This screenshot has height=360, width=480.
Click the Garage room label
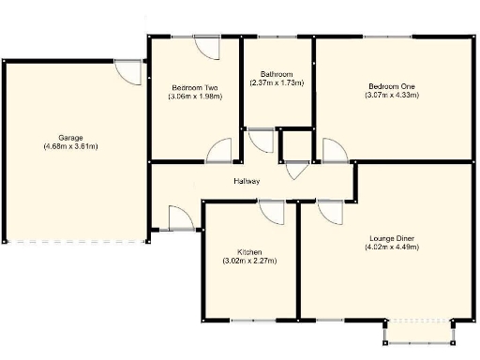(x=70, y=135)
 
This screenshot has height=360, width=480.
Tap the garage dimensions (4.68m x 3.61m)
(x=70, y=146)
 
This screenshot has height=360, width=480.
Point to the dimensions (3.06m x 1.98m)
(x=194, y=97)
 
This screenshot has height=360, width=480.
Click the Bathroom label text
(x=277, y=74)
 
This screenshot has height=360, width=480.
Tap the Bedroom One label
(x=391, y=86)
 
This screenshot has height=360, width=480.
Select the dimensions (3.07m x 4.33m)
(x=391, y=97)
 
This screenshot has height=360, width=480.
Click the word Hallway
(x=247, y=181)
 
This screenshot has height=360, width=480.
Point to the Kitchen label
(x=248, y=251)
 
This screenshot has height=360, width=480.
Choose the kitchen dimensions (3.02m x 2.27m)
(x=248, y=262)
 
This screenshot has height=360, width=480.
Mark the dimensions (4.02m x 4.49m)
(x=392, y=247)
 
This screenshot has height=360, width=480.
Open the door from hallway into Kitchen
(x=272, y=212)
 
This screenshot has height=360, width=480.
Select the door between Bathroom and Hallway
(x=262, y=142)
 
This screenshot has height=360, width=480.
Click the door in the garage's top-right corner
(x=127, y=71)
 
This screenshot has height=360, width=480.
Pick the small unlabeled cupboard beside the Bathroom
(x=296, y=146)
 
